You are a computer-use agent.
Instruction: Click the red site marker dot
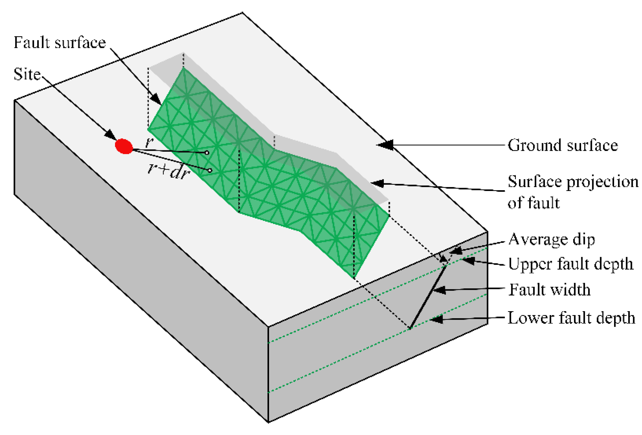pos(124,146)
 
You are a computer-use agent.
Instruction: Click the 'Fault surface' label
pos(60,43)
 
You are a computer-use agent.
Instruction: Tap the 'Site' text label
pos(27,74)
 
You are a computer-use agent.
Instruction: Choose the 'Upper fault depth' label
pos(571,264)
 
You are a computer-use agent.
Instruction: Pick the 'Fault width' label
pos(549,290)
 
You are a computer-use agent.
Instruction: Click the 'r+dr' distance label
pos(168,173)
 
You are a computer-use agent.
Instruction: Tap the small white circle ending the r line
pos(207,153)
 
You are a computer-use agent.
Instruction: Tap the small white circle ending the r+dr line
pos(210,171)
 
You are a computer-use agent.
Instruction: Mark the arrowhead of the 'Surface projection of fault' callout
pos(378,183)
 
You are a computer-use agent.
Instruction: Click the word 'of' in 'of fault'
pos(514,203)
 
